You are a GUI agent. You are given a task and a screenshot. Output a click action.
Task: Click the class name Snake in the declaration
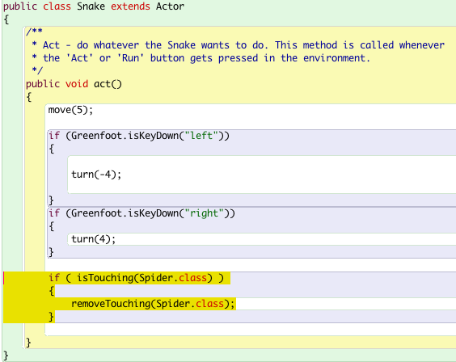pos(91,6)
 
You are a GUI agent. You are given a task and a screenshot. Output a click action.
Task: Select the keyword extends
pos(130,6)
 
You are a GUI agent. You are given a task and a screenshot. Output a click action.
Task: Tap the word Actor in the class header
pos(170,6)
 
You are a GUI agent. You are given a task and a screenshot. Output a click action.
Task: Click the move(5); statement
pos(70,110)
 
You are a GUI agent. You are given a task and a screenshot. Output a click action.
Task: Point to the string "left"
pos(201,136)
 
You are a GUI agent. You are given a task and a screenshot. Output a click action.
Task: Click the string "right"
pos(205,213)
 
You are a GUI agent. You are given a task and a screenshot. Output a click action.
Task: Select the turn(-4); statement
pos(96,175)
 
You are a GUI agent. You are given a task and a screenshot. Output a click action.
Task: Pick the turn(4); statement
pos(93,239)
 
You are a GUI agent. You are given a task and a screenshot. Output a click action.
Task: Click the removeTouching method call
pos(111,304)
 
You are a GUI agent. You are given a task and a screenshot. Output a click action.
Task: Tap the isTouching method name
pos(105,278)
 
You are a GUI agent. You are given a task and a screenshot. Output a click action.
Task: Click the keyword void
pos(77,84)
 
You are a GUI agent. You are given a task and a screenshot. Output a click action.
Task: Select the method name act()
pos(108,84)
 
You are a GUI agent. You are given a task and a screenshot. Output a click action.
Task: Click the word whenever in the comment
pos(422,45)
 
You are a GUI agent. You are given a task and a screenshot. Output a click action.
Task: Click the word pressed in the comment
pos(238,58)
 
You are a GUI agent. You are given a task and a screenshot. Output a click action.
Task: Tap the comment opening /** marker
pos(34,31)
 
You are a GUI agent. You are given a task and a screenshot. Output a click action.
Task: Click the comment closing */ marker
pos(37,70)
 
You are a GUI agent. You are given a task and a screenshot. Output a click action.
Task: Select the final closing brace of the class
pos(6,356)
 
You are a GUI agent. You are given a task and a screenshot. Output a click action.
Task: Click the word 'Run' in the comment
pos(130,58)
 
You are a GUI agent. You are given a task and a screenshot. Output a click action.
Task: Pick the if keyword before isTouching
pos(54,278)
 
